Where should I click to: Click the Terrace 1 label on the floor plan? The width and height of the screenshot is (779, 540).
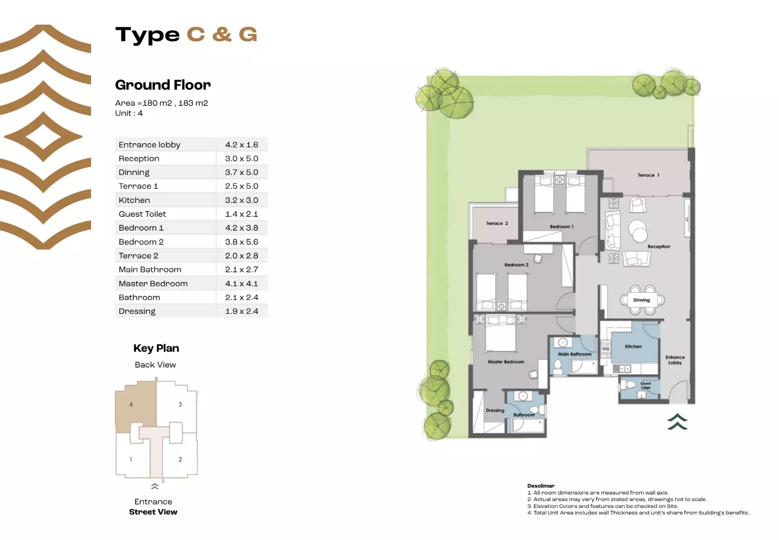pos(648,175)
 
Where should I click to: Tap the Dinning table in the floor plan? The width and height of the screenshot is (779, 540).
pos(642,300)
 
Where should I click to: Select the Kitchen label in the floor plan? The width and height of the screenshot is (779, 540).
pos(633,346)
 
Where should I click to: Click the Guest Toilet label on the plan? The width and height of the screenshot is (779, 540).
pos(646,386)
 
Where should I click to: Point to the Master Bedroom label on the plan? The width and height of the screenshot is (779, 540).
pos(506,362)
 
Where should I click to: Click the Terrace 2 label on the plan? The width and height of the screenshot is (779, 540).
pos(497,223)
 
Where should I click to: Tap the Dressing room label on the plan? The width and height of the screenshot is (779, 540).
pos(495,410)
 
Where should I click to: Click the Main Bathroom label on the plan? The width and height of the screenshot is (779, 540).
pos(575,354)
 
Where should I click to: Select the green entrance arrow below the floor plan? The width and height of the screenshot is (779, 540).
pos(677,422)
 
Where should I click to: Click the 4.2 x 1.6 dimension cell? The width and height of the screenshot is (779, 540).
pos(241,145)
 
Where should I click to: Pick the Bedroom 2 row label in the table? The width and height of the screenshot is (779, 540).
pos(141,242)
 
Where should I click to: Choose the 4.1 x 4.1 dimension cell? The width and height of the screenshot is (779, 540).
pos(241,284)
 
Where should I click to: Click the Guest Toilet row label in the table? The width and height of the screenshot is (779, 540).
pos(142,214)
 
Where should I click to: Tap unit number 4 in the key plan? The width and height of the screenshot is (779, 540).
pos(131,405)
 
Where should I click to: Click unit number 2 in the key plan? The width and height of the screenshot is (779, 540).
pos(180,460)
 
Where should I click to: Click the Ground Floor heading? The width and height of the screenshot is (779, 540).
pos(163,85)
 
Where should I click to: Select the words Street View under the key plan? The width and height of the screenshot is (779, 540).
pos(153,512)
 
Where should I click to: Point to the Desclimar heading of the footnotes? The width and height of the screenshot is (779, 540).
pos(541,486)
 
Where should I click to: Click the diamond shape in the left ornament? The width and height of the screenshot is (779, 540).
pos(43,136)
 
